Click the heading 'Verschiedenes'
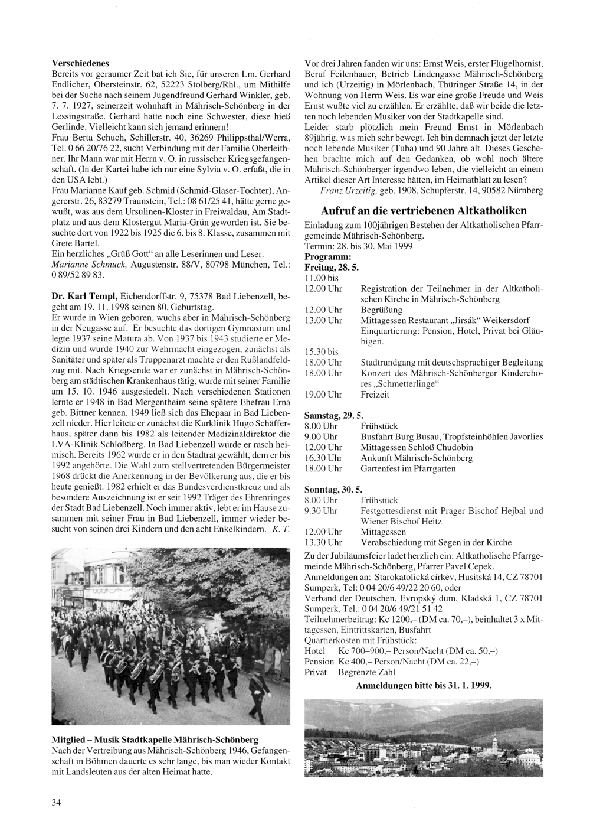[x=80, y=63]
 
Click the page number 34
[x=56, y=802]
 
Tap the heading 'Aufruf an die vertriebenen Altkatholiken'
[x=424, y=211]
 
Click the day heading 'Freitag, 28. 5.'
[x=332, y=268]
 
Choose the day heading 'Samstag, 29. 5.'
[x=333, y=416]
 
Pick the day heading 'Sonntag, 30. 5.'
[x=333, y=490]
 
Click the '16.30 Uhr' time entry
[x=323, y=458]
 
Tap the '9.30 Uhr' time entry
[x=321, y=511]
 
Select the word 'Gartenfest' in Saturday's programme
[x=380, y=468]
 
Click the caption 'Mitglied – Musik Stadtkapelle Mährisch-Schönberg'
[x=155, y=740]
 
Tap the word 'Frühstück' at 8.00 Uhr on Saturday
[x=379, y=426]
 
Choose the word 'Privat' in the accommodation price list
[x=316, y=672]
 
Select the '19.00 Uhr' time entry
[x=323, y=395]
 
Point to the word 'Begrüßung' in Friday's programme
[x=381, y=310]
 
